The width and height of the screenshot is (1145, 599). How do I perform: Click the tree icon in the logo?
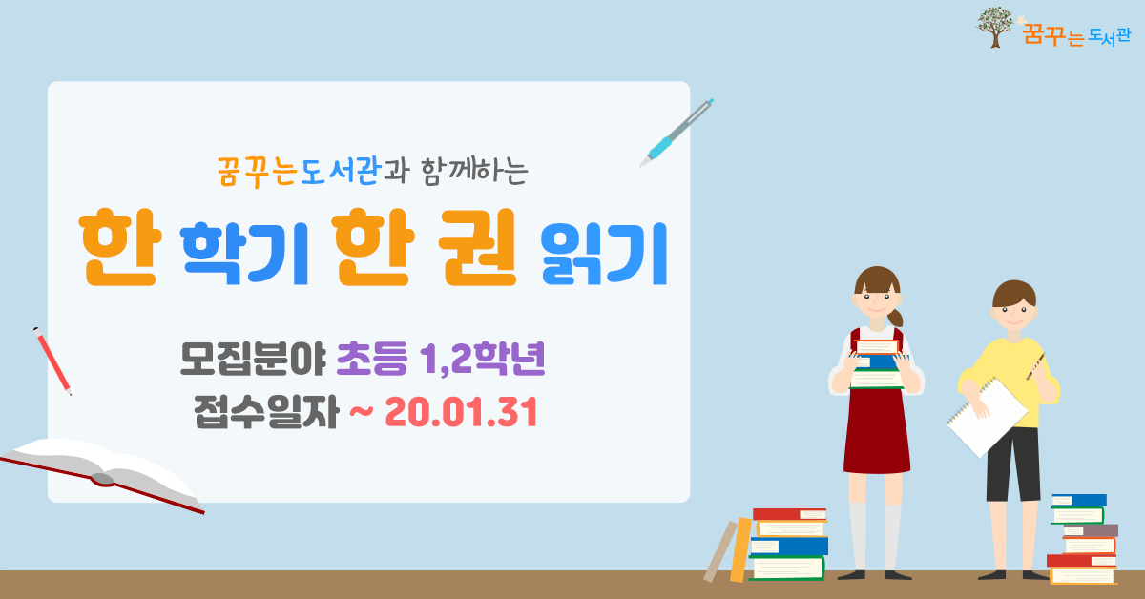[994, 27]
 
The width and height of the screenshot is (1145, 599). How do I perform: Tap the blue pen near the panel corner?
[677, 133]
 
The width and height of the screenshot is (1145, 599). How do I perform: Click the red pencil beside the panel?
[52, 361]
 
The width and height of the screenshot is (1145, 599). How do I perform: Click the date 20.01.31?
[461, 412]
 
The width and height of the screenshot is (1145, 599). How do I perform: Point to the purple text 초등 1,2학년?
[441, 359]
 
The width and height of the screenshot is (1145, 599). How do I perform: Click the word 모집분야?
[253, 359]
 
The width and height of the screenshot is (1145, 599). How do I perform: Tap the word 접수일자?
[266, 412]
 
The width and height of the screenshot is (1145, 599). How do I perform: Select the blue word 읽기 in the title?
[604, 254]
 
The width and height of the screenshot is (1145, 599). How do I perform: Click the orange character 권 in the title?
[478, 248]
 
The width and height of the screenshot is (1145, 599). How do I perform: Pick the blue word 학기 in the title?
[244, 254]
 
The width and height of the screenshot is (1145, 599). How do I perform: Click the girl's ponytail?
[895, 317]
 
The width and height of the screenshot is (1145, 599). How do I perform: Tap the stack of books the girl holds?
[876, 364]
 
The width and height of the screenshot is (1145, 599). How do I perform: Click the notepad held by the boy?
[987, 418]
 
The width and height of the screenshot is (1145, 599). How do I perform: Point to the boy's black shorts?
[1013, 464]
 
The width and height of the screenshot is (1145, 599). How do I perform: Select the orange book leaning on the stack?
[740, 550]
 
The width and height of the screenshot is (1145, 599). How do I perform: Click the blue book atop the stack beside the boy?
[1078, 500]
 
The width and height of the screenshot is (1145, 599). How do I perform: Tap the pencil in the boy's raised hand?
[1035, 366]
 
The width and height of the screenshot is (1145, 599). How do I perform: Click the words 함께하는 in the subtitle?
[475, 170]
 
